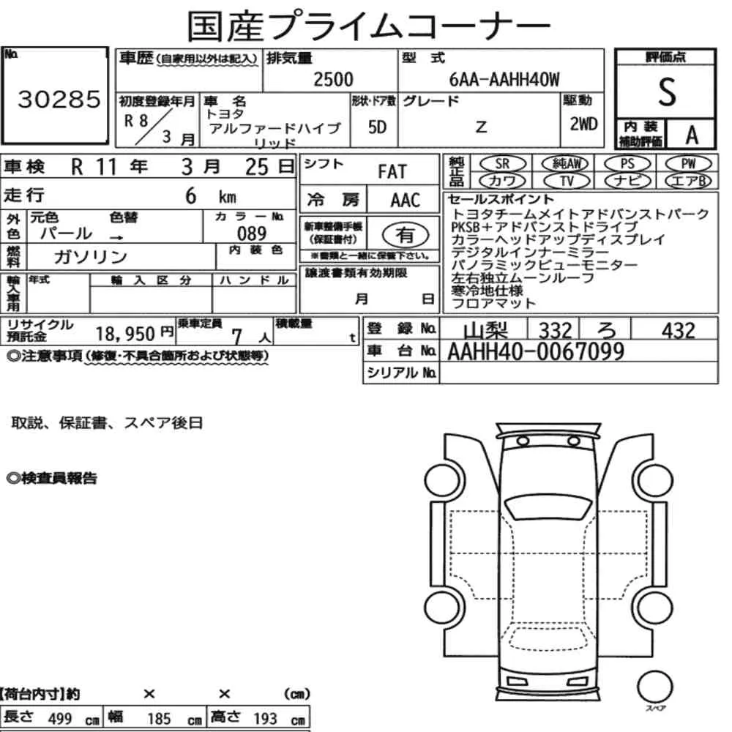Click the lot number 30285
[59, 100]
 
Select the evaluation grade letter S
[667, 92]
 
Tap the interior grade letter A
[692, 135]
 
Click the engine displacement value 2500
[333, 79]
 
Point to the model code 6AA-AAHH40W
[504, 79]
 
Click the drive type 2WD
[583, 124]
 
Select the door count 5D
[377, 127]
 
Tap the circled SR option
[503, 164]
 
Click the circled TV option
[567, 181]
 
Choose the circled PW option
[688, 164]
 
